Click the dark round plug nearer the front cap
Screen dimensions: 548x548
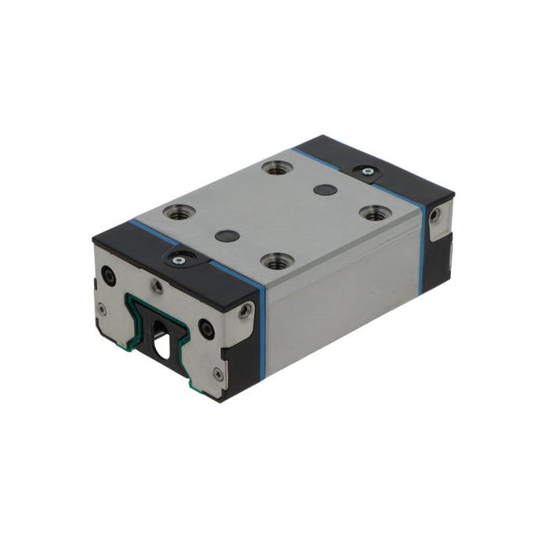point(226,236)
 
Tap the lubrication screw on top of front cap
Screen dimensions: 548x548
point(179,259)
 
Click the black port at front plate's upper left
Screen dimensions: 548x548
point(109,276)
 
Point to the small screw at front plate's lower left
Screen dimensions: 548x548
point(102,309)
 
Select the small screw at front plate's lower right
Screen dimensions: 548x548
point(218,374)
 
